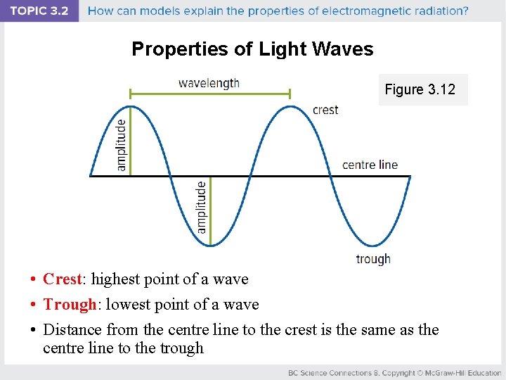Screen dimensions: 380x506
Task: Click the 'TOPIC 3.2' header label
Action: point(39,11)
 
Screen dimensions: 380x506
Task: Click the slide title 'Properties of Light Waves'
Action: point(252,49)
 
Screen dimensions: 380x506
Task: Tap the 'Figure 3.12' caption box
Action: point(420,89)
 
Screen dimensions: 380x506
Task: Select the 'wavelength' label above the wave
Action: point(209,83)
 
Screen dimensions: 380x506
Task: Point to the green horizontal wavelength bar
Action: point(210,93)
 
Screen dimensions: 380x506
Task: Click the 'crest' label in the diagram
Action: point(325,110)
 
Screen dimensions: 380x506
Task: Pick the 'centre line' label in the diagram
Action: point(370,165)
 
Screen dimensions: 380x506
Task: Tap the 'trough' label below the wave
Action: point(373,259)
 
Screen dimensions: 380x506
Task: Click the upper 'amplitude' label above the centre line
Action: point(122,144)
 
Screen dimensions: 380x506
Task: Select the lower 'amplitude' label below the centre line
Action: point(202,207)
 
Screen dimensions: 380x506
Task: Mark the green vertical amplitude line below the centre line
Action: point(211,210)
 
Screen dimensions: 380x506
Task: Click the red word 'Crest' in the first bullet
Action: point(63,279)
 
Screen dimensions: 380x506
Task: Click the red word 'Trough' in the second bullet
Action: point(69,305)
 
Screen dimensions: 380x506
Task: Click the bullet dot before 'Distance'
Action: point(33,330)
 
